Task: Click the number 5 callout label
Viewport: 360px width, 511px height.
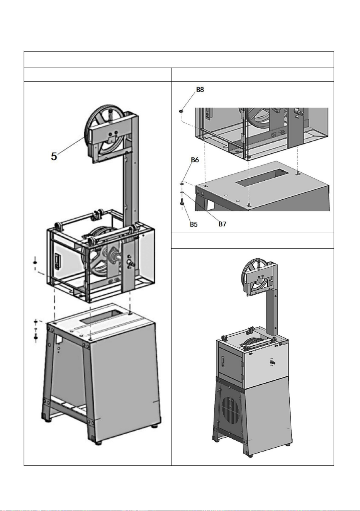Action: point(54,156)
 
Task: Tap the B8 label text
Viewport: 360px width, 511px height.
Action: point(200,90)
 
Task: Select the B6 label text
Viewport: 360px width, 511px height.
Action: point(195,160)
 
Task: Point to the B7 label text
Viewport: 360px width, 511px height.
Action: point(222,224)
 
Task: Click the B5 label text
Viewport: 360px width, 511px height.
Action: point(194,224)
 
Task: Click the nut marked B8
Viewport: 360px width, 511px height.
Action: point(181,111)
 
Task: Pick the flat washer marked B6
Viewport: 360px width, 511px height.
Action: point(182,183)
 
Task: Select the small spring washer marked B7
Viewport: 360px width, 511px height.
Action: point(182,193)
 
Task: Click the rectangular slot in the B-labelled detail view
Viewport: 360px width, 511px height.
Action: point(260,177)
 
